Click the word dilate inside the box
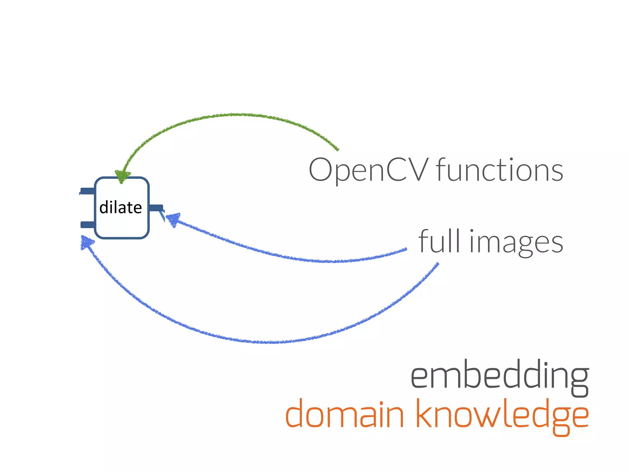click(x=120, y=208)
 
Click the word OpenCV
click(x=368, y=170)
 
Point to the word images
click(x=516, y=243)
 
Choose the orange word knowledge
click(x=502, y=415)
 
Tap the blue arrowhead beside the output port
click(x=172, y=219)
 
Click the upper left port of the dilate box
click(x=87, y=191)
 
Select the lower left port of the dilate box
click(x=87, y=225)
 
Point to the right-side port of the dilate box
click(x=156, y=208)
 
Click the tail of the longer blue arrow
click(x=437, y=264)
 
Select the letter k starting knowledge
click(x=425, y=414)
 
